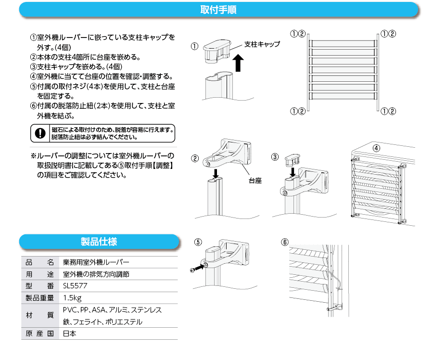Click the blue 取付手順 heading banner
[x=218, y=10]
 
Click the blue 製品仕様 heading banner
[x=99, y=242]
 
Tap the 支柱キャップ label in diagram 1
[x=262, y=44]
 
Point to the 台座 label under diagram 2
[x=255, y=181]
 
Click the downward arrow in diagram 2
[x=216, y=172]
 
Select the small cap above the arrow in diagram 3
[x=292, y=157]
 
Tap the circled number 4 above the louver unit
[x=376, y=147]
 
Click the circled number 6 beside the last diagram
[x=285, y=242]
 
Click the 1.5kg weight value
[x=72, y=298]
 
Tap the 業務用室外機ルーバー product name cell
[x=96, y=263]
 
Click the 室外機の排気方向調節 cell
[x=96, y=275]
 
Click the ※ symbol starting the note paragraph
[x=34, y=156]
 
